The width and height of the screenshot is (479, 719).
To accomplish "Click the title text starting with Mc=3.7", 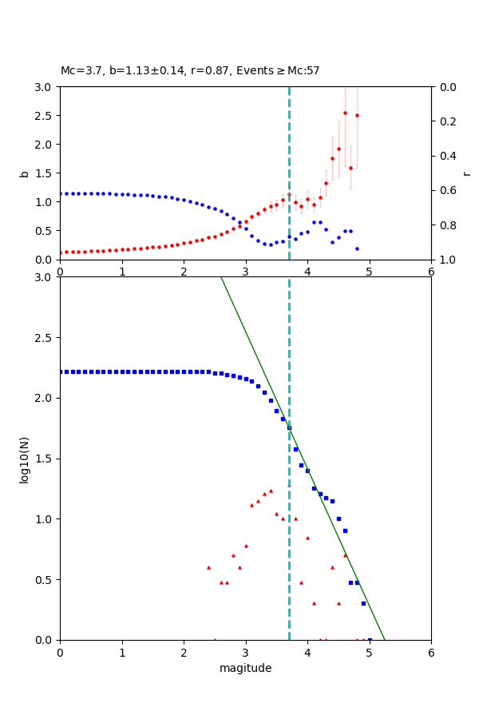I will pyautogui.click(x=190, y=70).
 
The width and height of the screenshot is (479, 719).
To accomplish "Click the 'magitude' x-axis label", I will pyautogui.click(x=245, y=668).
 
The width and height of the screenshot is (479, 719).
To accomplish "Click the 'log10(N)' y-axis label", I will pyautogui.click(x=24, y=459).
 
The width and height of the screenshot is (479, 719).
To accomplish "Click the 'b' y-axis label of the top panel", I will pyautogui.click(x=24, y=173).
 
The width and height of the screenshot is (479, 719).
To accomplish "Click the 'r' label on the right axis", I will pyautogui.click(x=466, y=173).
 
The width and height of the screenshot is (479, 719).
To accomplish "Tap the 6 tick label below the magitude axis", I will pyautogui.click(x=431, y=651).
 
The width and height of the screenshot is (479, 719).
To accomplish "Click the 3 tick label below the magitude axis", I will pyautogui.click(x=245, y=651).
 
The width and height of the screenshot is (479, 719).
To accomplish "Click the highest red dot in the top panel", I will pyautogui.click(x=345, y=113).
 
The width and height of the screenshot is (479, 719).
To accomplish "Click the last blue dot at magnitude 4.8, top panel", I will pyautogui.click(x=357, y=248).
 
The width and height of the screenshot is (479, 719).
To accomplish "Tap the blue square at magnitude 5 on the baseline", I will pyautogui.click(x=370, y=639).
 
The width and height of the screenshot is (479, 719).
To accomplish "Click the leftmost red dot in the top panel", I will pyautogui.click(x=60, y=252).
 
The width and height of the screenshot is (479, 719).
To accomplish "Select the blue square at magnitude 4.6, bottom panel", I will pyautogui.click(x=345, y=530).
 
